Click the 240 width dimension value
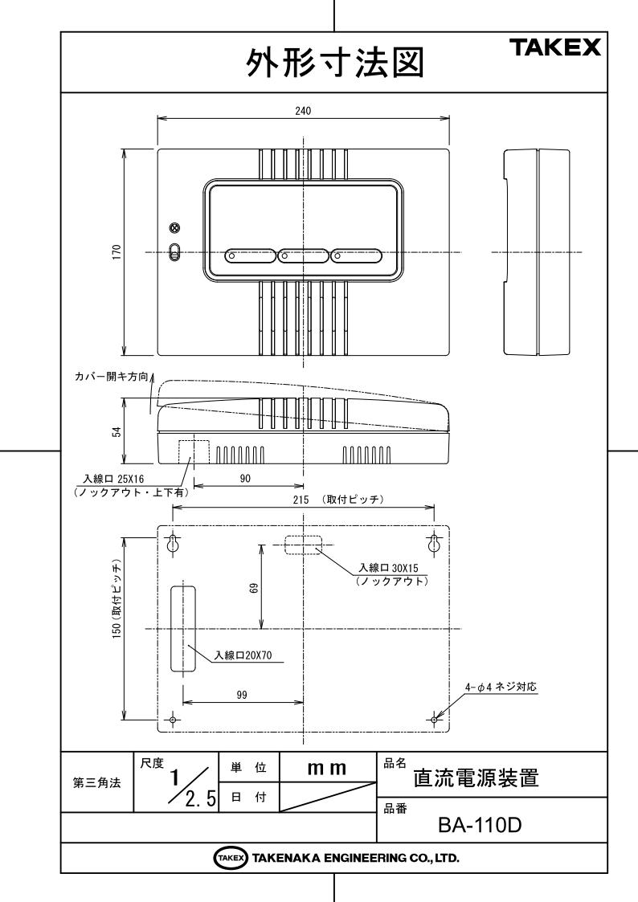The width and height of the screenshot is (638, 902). (301, 112)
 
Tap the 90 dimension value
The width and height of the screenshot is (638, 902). (246, 477)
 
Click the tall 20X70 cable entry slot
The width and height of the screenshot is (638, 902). (182, 628)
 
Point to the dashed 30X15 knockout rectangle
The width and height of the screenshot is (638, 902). (301, 545)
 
